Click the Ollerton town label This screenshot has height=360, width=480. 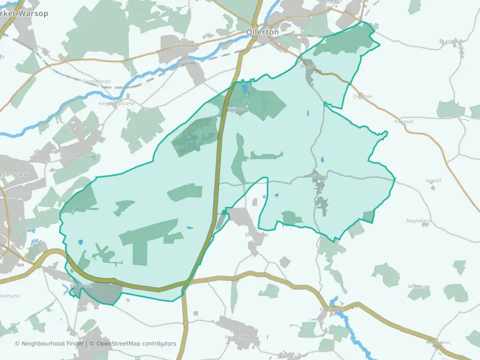coord(262,31)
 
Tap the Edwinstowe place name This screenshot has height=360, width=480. coord(184,46)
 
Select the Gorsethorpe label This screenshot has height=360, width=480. coord(96,81)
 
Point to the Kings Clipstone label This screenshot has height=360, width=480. coord(116,103)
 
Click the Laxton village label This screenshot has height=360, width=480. coord(450,41)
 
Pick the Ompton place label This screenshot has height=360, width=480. coord(362,96)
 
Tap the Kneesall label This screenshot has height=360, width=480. coord(404,121)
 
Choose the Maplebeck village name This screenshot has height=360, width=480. coord(418,220)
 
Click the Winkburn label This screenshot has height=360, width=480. coord(418,286)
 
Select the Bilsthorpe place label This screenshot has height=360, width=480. coord(257,234)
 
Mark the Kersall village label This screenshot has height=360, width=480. coord(433,180)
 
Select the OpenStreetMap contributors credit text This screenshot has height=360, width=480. coord(136,343)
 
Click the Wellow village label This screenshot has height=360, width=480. coord(308,66)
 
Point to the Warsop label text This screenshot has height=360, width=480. coord(31,13)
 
